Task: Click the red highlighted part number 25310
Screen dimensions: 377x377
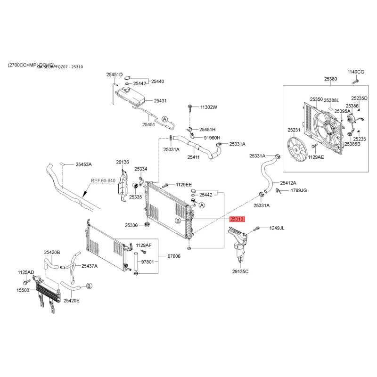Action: click(237, 219)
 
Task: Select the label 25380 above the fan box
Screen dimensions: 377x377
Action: click(330, 79)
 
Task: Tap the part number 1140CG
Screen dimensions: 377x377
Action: click(356, 72)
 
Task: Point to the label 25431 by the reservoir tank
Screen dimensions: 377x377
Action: click(160, 101)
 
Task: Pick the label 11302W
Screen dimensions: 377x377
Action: click(208, 107)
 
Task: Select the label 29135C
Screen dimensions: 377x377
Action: click(240, 272)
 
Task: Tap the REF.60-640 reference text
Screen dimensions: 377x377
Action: click(103, 180)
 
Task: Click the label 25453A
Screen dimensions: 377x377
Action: click(84, 164)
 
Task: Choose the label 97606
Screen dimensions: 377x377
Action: click(174, 256)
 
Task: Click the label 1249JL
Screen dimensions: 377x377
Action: click(277, 228)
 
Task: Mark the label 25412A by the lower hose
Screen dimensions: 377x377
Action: click(288, 182)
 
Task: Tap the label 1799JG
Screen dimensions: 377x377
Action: click(299, 190)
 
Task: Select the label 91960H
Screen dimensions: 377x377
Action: click(212, 138)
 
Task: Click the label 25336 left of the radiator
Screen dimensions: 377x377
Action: click(131, 225)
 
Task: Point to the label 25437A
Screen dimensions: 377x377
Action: click(89, 266)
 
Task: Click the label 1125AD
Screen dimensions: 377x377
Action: click(25, 272)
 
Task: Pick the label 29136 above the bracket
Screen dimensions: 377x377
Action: click(123, 162)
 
